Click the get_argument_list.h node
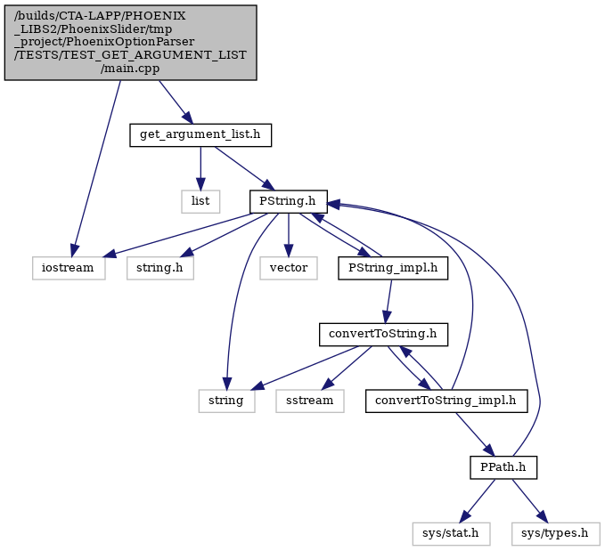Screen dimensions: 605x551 200,135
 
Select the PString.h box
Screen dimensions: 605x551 288,201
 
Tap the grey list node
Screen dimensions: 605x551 200,201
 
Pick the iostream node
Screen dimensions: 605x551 69,268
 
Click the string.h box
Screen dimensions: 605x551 160,268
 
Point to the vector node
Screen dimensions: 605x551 289,268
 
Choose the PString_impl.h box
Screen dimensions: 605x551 393,268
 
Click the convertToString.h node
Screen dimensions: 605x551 383,335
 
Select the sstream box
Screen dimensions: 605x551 310,401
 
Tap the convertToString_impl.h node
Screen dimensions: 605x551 446,401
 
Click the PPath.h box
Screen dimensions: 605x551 503,467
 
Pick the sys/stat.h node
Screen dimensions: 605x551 451,534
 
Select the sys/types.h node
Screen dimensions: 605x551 556,534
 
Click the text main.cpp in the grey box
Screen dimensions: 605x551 130,69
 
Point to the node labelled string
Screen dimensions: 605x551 226,401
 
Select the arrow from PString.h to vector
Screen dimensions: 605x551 289,235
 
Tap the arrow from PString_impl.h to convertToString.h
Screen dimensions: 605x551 388,301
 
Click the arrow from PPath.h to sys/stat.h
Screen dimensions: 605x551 478,501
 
